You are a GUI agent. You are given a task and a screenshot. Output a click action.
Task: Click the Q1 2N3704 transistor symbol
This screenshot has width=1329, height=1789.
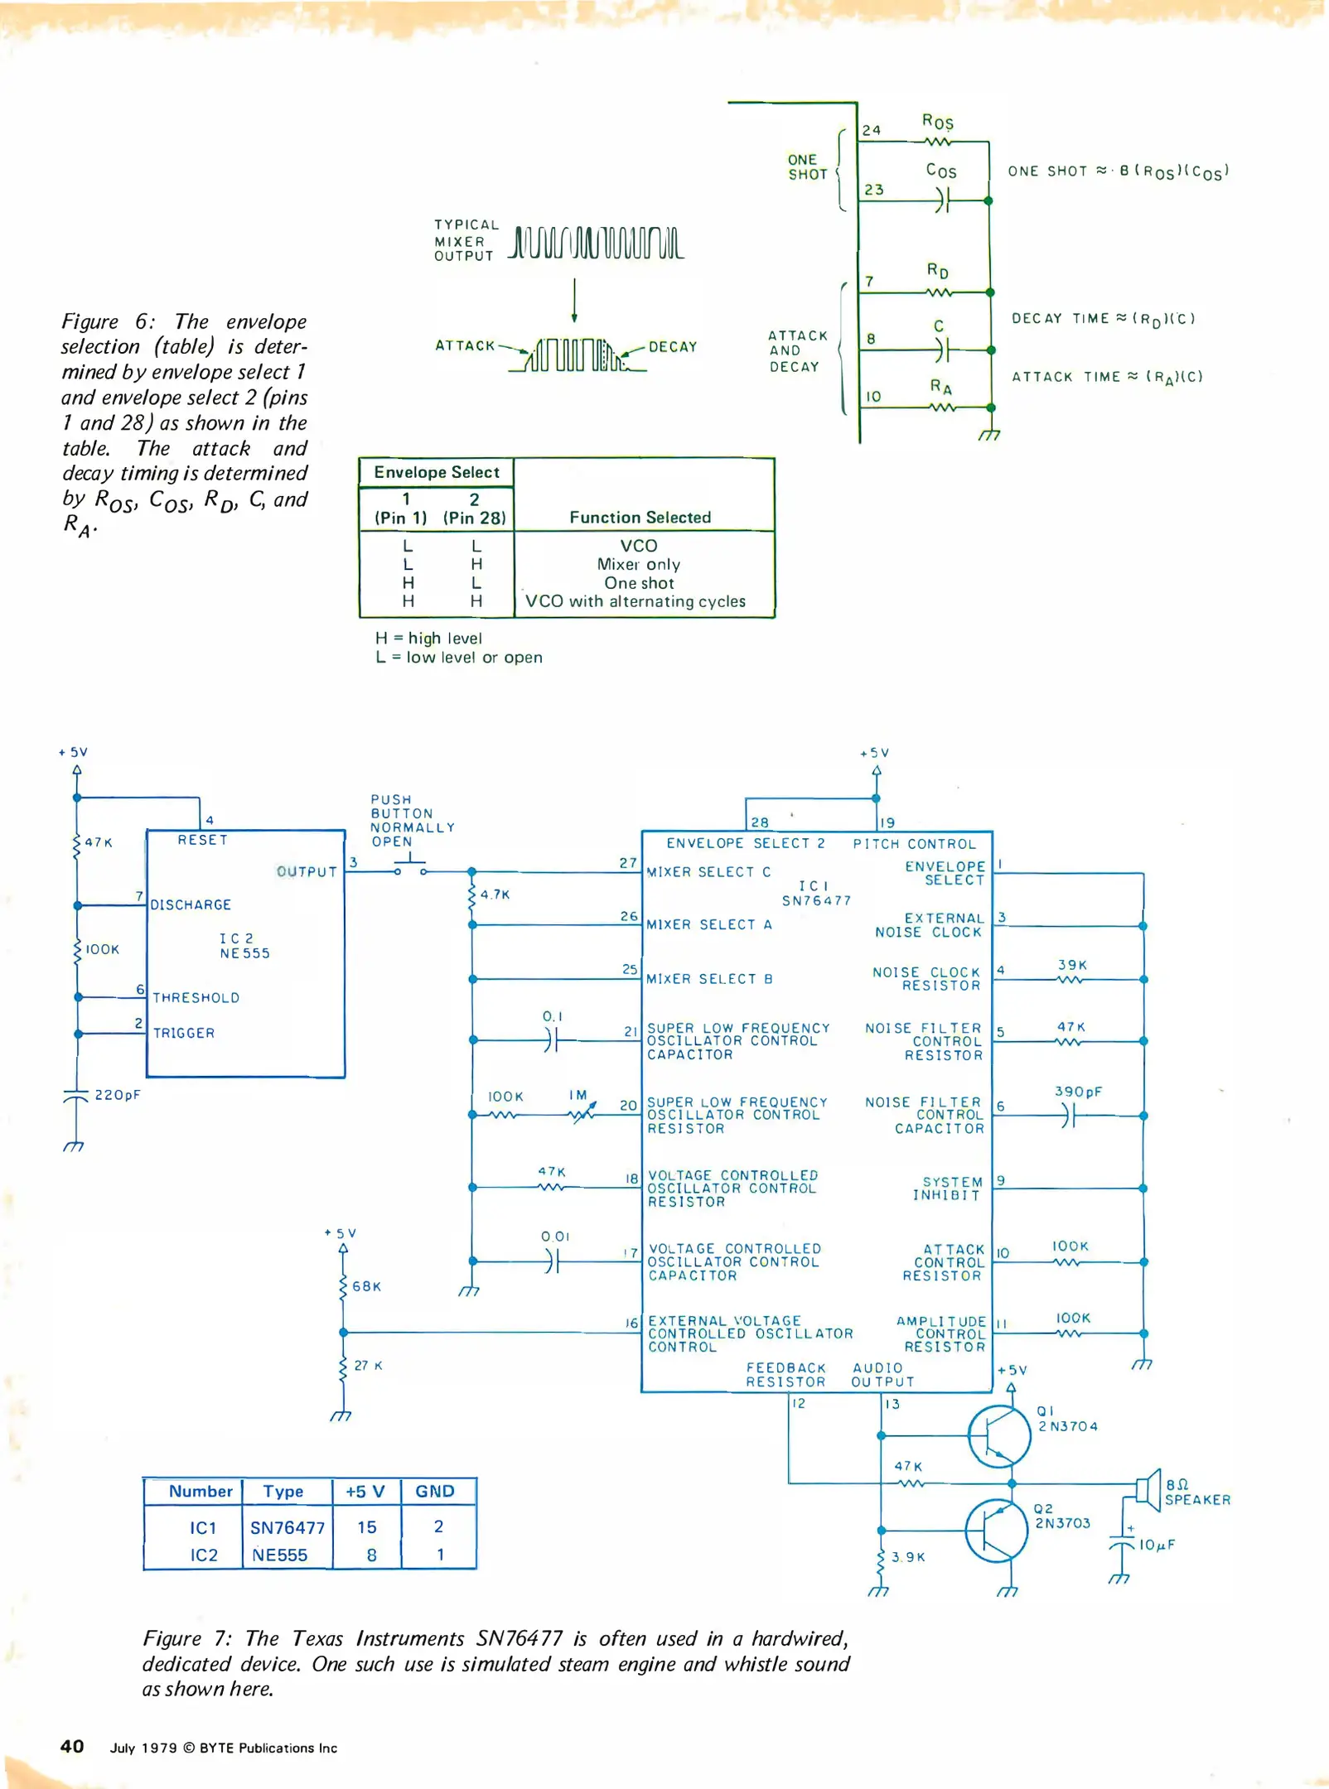[x=999, y=1436]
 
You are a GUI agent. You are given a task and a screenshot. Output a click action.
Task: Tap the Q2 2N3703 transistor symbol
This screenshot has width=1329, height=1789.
[x=997, y=1531]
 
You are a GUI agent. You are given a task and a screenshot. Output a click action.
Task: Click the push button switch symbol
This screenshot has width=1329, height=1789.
[x=409, y=868]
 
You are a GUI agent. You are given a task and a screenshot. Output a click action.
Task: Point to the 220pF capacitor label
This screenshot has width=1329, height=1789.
[x=117, y=1095]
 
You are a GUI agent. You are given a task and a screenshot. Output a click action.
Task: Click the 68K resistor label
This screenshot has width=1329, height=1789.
[x=366, y=1286]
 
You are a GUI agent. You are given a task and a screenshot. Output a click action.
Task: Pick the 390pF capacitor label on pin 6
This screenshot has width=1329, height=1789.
[x=1078, y=1092]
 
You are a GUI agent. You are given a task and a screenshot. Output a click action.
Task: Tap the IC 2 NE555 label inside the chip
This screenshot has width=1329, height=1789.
[x=244, y=946]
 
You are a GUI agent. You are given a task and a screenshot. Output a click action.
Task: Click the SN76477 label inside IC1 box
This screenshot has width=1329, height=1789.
[x=816, y=900]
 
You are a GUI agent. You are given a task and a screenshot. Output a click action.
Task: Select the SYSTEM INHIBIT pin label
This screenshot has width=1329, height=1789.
[x=951, y=1188]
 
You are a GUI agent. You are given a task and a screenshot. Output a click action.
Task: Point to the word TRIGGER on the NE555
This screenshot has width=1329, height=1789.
[x=184, y=1033]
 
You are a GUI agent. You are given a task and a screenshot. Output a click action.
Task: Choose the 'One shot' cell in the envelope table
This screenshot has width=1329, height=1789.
[x=639, y=583]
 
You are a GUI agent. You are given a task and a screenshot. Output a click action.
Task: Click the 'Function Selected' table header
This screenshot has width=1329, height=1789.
[x=640, y=518]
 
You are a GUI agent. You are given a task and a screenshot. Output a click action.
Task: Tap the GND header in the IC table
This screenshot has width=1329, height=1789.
[x=435, y=1492]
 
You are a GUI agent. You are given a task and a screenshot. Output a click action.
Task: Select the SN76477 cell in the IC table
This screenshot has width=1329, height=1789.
[x=288, y=1527]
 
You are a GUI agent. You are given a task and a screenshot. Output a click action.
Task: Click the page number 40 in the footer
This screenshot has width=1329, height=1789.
[x=72, y=1746]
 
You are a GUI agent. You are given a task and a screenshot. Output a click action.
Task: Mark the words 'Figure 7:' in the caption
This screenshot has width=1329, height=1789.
[x=186, y=1638]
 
